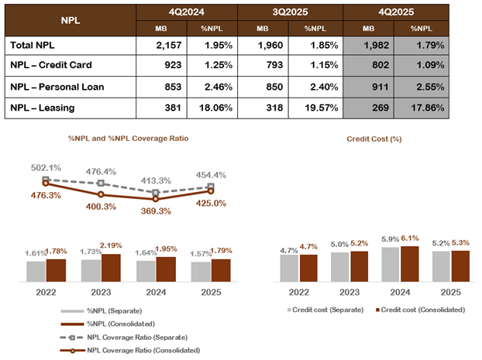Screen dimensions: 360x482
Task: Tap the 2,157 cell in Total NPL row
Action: [x=160, y=46]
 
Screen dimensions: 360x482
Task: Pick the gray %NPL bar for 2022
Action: [x=36, y=271]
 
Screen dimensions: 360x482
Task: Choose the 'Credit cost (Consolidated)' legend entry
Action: [x=422, y=309]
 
